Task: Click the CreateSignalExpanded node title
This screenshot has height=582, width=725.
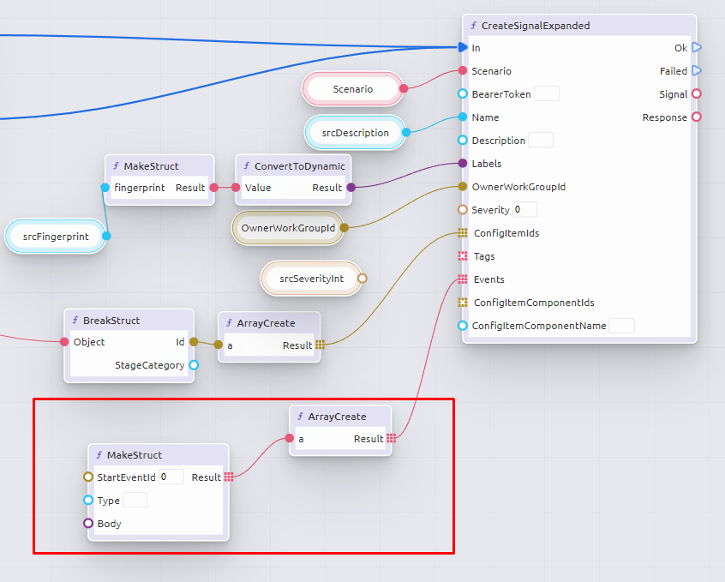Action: [536, 26]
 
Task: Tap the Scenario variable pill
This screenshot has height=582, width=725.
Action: [352, 89]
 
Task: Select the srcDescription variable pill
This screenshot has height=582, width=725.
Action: [355, 133]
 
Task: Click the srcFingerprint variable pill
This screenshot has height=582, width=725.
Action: [55, 237]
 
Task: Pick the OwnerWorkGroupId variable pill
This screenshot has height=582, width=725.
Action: [288, 228]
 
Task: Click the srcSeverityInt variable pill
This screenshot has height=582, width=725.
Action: [310, 279]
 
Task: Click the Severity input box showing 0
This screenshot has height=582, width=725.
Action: [524, 210]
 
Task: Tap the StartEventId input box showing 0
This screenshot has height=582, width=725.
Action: [171, 477]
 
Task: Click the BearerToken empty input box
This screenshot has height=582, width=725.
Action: [547, 94]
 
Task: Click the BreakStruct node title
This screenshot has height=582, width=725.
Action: [111, 321]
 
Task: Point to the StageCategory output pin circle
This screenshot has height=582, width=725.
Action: [194, 365]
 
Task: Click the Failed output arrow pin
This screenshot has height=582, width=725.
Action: [697, 71]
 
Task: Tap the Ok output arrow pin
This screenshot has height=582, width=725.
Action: [697, 48]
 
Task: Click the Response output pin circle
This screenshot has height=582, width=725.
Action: [697, 117]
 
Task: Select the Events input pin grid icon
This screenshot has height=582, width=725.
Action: [463, 279]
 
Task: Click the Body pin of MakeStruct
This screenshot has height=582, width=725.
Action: [88, 524]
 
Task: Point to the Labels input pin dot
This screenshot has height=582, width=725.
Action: [463, 164]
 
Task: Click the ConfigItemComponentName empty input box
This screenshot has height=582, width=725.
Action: [621, 326]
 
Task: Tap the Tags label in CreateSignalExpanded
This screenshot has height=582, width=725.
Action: [484, 256]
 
